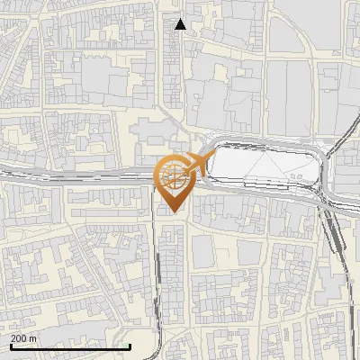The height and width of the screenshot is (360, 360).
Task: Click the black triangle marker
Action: coord(180,24)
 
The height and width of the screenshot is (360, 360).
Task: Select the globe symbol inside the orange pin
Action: coord(173,175)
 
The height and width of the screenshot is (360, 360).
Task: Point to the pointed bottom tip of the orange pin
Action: coord(176,213)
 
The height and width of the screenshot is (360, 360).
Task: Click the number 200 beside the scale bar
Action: coord(20,338)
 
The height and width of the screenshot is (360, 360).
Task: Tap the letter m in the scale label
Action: coord(33,338)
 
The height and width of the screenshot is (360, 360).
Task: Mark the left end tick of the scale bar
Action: coord(11,346)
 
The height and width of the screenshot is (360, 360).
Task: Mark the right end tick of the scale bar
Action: coord(130,346)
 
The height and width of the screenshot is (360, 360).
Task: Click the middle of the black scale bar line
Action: coord(70,347)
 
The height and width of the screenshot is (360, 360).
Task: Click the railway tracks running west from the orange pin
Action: coord(72,171)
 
